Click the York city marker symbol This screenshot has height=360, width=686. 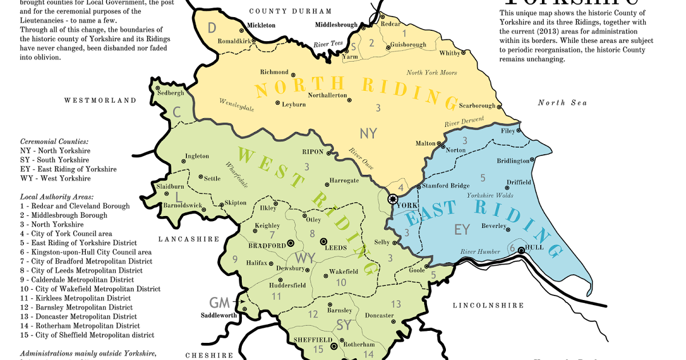coord(393,199)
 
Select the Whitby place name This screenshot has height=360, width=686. coord(449,53)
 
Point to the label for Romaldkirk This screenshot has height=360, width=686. coord(234,41)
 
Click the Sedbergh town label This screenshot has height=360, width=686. coord(170,93)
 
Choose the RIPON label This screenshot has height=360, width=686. coord(313,153)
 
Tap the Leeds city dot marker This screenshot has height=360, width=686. coord(324,242)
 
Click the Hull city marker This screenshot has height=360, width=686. coord(521,249)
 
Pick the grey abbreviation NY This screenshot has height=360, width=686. coord(369,134)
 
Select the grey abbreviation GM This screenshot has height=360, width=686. coord(219,303)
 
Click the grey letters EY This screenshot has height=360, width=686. coord(461,230)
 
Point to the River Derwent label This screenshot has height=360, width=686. coord(464,122)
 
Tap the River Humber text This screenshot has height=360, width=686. coord(480,252)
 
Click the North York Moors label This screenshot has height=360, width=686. coord(432,73)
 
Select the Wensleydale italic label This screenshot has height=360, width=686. coord(236,104)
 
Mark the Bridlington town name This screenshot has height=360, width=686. coord(513,161)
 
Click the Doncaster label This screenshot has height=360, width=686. coord(379,315)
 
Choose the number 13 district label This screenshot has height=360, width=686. coord(396,304)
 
